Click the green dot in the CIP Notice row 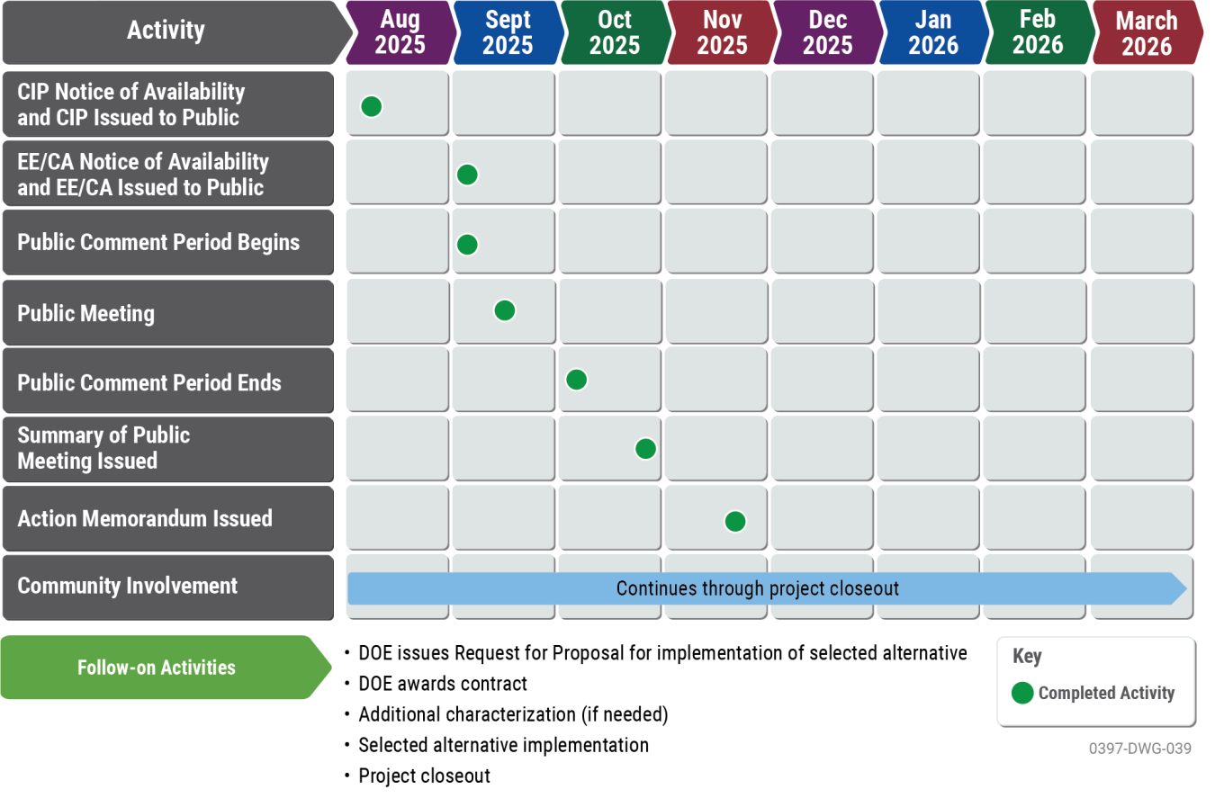tap(371, 106)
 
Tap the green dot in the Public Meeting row tap(504, 310)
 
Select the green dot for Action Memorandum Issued tap(734, 521)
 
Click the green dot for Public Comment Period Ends tap(576, 379)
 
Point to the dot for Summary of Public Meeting tap(644, 448)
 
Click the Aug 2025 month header tap(400, 32)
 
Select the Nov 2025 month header tap(721, 32)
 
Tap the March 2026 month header tap(1147, 32)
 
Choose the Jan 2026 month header tap(933, 32)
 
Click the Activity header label tap(166, 31)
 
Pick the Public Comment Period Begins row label tap(158, 242)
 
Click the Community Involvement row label tap(128, 586)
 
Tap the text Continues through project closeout tap(758, 588)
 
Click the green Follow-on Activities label tap(157, 668)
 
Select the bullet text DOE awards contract tap(443, 684)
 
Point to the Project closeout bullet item tap(425, 776)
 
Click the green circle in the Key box tap(1022, 693)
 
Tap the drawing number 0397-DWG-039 tap(1140, 749)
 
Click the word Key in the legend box tap(1027, 657)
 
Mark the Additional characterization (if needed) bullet tap(513, 714)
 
